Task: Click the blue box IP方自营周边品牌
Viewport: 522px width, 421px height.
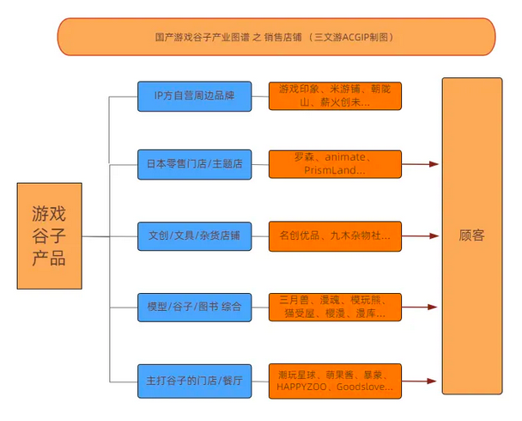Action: (x=194, y=95)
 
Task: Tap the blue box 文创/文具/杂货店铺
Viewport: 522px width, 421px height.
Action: (x=194, y=235)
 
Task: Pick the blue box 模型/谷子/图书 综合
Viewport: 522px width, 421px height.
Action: (x=194, y=306)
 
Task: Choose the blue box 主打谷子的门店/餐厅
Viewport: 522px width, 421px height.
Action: (x=194, y=380)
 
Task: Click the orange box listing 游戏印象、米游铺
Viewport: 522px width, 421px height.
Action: (x=335, y=95)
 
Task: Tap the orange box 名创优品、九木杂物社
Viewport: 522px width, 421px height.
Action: (x=335, y=235)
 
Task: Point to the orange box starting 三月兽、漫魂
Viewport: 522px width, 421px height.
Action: (x=335, y=306)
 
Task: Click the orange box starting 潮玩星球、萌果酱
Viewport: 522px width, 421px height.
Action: (x=335, y=380)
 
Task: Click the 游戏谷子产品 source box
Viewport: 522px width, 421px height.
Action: (x=49, y=235)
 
